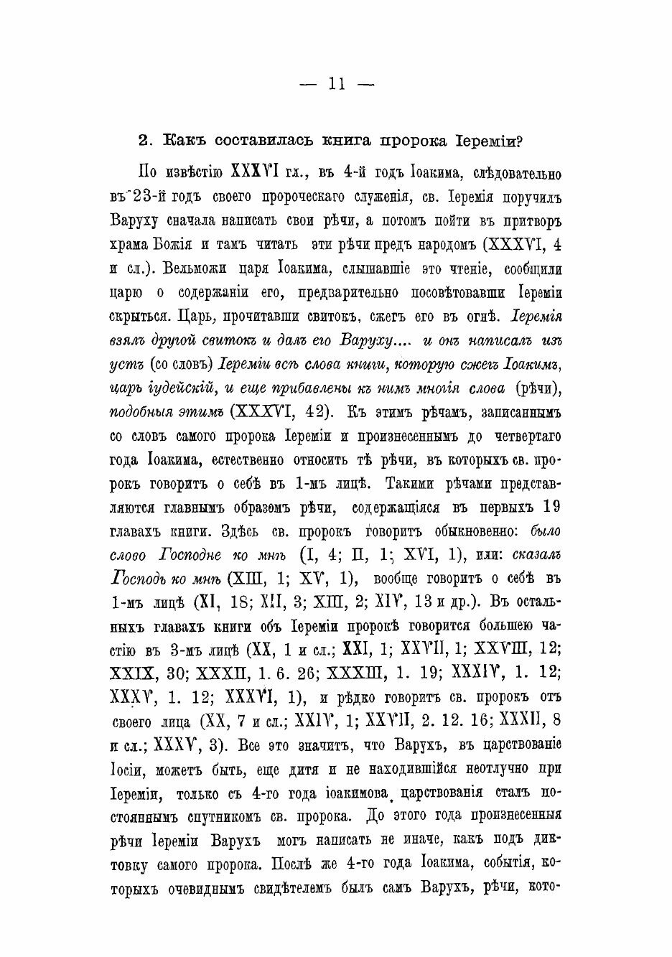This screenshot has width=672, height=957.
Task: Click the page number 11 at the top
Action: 337,85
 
